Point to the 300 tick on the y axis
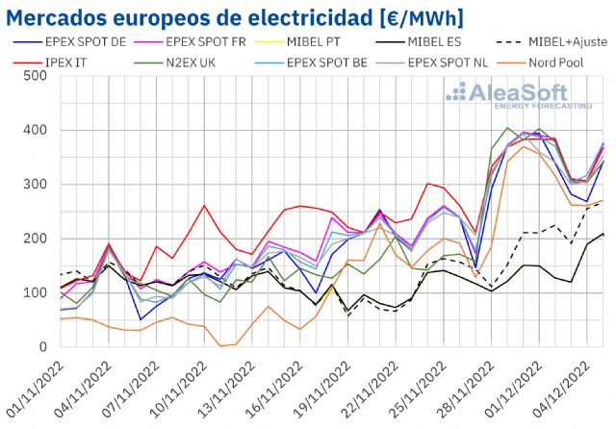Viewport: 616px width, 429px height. pos(36,184)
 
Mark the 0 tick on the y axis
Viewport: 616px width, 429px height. pos(43,346)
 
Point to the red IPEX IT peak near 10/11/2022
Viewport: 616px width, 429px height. pos(204,205)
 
